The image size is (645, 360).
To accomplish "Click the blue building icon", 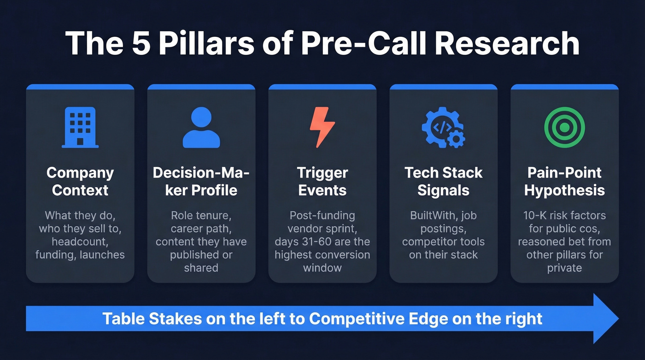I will point(80,128).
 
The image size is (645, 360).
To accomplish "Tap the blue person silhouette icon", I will point(201,128).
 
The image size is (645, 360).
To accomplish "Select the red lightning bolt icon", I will point(322,127).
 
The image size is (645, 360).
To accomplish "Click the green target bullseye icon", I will point(564,127).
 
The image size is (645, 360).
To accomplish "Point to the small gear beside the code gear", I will point(456,139).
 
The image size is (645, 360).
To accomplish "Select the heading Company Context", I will point(80,181).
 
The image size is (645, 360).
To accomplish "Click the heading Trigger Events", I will point(322,181).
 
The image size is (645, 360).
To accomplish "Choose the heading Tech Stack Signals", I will point(443,181).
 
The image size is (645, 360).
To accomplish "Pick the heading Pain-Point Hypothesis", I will point(564,181).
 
